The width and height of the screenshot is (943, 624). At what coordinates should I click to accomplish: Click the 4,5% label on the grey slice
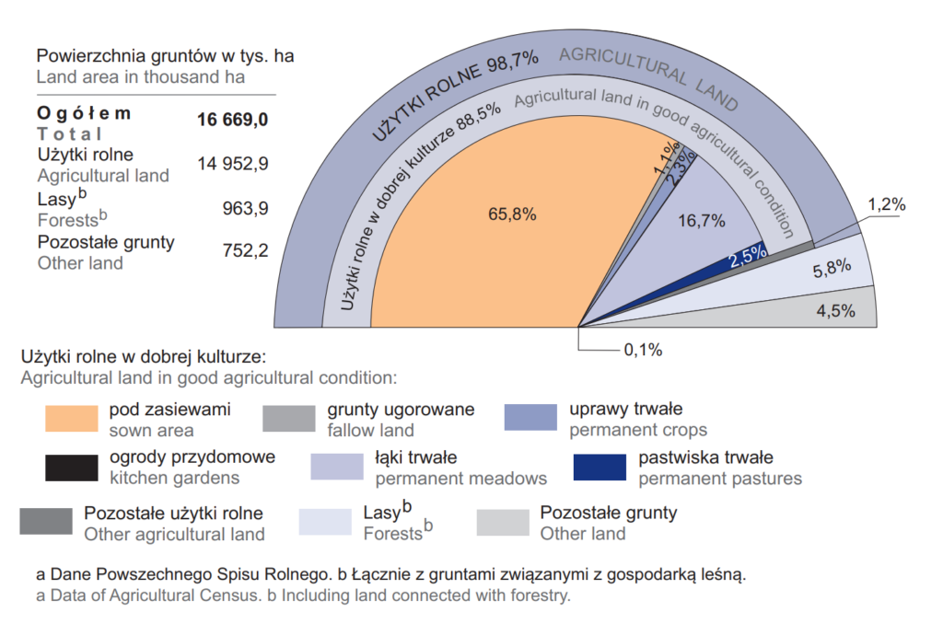click(x=835, y=310)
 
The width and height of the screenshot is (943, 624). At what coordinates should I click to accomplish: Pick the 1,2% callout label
click(x=887, y=204)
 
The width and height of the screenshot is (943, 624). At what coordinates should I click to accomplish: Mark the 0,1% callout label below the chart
click(x=644, y=350)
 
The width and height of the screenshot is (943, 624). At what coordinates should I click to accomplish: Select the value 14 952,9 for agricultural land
click(x=232, y=164)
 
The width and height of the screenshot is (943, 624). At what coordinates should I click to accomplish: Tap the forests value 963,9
click(x=244, y=208)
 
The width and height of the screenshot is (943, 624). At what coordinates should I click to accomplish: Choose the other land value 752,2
click(x=244, y=250)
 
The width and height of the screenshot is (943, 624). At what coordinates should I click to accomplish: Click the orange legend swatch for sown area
click(x=71, y=418)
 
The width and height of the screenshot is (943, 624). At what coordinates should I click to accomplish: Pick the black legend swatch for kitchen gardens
click(x=71, y=467)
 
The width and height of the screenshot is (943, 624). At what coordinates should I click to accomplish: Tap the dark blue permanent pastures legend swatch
click(x=600, y=467)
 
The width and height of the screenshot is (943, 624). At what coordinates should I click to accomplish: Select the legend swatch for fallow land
click(x=288, y=418)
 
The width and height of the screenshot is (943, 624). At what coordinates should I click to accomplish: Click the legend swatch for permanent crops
click(x=531, y=418)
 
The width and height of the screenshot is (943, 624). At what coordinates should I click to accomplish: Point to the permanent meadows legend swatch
click(x=337, y=467)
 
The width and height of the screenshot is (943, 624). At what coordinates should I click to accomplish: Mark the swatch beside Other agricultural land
click(x=46, y=521)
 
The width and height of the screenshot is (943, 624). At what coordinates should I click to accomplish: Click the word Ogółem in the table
click(x=85, y=113)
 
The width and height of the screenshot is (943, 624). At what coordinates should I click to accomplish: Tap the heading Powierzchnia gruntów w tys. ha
click(x=165, y=56)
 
